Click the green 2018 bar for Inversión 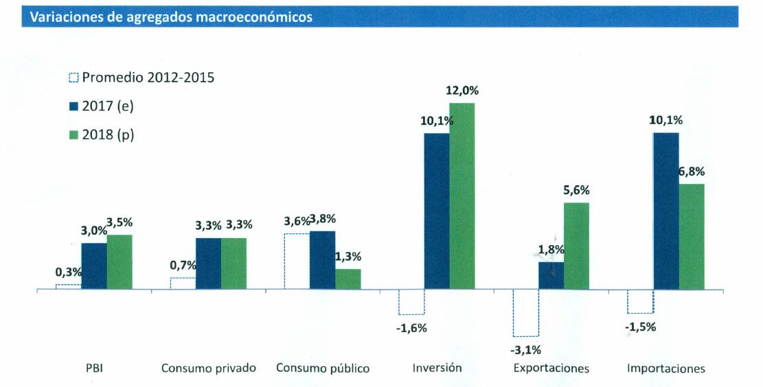[462, 196]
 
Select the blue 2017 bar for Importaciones [666, 211]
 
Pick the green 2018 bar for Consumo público [348, 279]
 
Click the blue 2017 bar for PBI [94, 266]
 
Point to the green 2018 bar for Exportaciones [576, 246]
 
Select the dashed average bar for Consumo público [297, 261]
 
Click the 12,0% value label [462, 91]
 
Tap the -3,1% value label [526, 350]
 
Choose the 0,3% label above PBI [68, 272]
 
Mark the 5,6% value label [576, 190]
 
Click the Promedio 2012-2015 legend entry [142, 78]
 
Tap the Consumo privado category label [209, 368]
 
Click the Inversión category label [437, 368]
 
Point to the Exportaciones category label [551, 368]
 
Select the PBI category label [94, 368]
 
